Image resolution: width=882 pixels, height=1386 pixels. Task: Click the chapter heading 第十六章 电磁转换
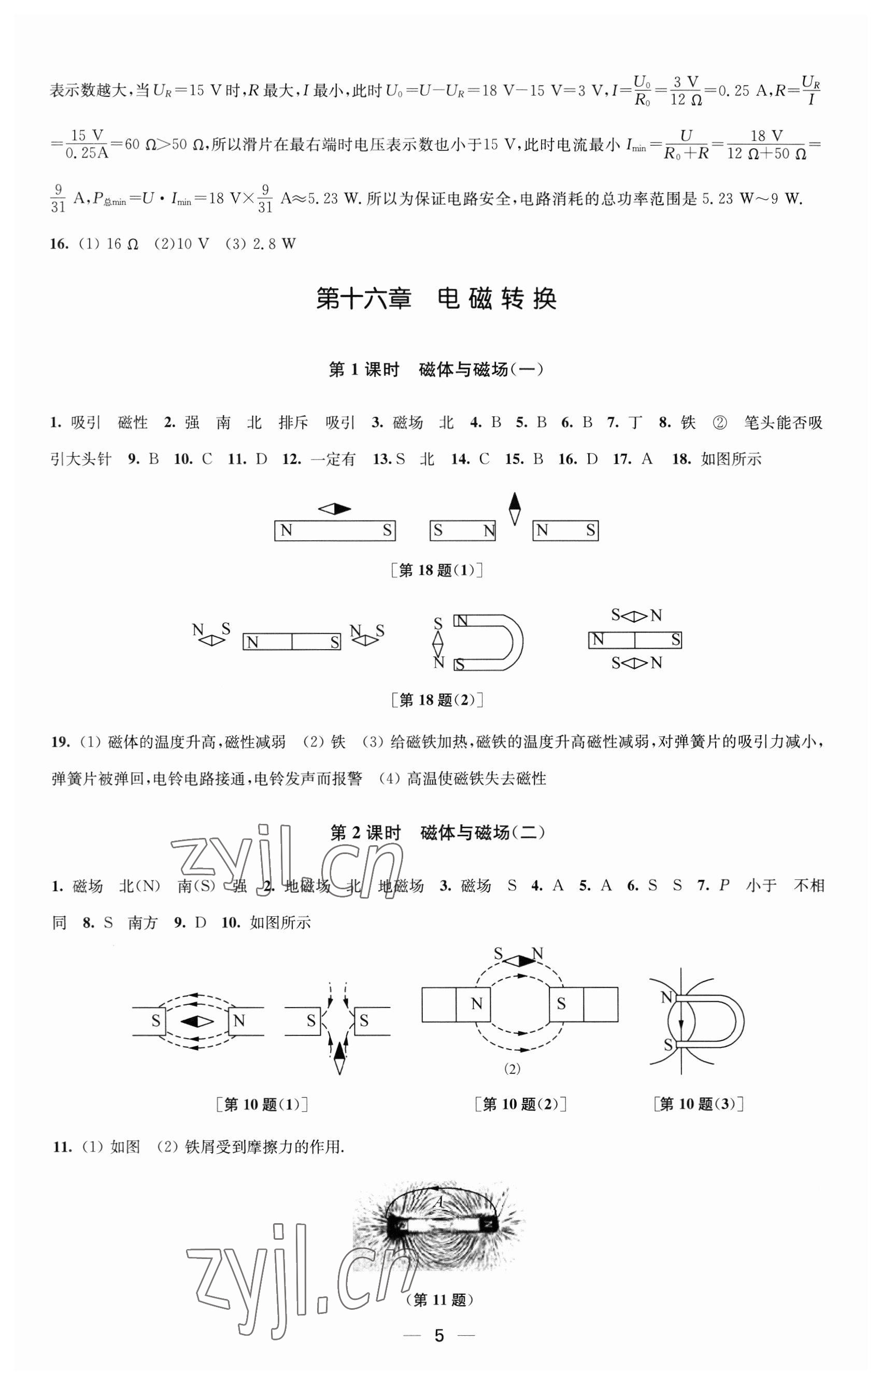coord(436,299)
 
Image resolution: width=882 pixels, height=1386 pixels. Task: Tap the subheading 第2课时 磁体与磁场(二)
coord(437,833)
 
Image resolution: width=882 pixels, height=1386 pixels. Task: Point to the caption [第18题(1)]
coord(436,570)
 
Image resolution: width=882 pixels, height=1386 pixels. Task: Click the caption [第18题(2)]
coord(436,700)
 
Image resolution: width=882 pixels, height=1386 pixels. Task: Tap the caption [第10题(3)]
coord(699,1104)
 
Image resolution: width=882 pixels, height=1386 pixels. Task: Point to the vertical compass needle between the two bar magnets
coord(515,509)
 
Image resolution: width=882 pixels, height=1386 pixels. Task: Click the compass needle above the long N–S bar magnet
coord(334,509)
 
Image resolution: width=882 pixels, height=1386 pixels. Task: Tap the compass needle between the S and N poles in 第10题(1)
coord(197,1021)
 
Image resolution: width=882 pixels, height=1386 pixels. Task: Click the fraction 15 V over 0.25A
coord(87,144)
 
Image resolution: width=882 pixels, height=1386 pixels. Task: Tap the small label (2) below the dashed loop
coord(512,1069)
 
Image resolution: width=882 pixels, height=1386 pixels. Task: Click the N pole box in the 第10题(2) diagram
coord(476,1004)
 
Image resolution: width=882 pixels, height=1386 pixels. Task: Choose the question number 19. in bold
coord(60,742)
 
